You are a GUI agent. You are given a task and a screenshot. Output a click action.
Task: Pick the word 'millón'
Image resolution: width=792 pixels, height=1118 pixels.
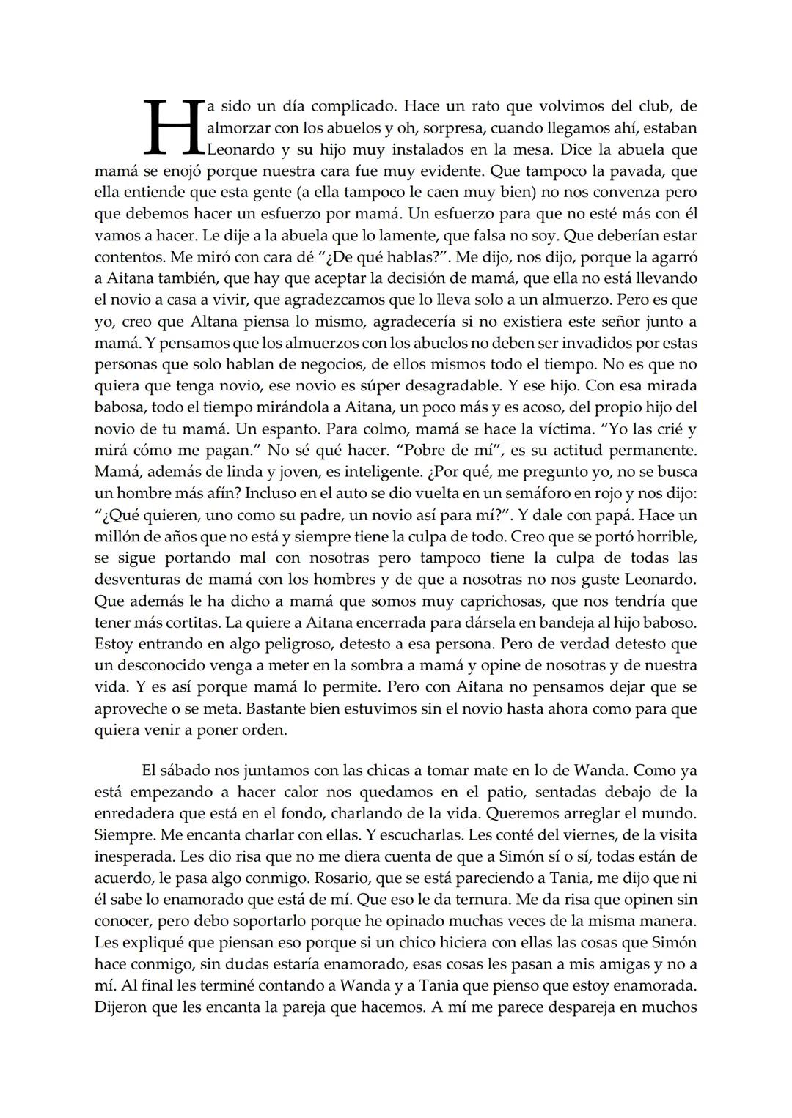(117, 537)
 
